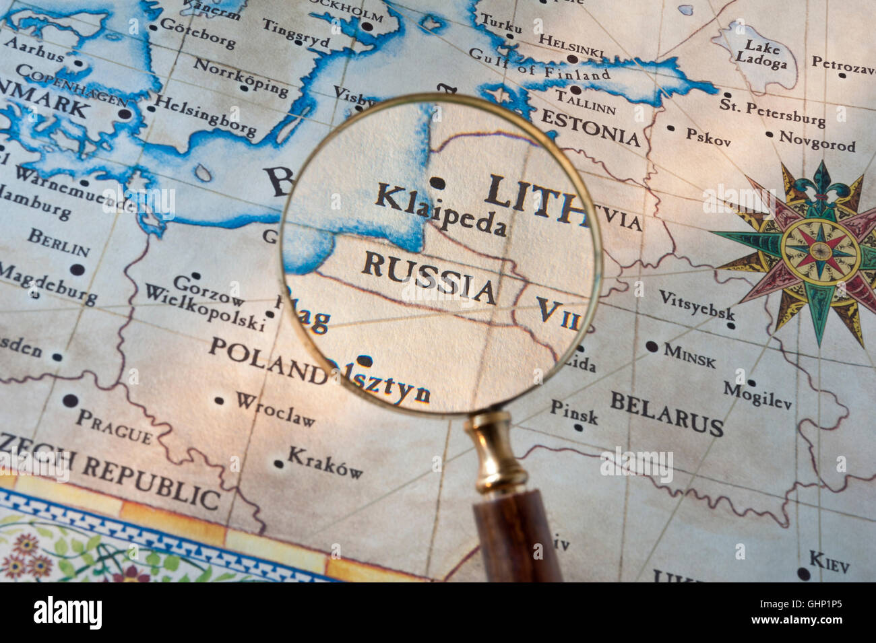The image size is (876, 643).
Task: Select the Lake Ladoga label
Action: tap(761, 55)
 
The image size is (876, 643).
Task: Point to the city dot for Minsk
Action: tap(651, 347)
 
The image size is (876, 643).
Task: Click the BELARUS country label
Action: tap(666, 413)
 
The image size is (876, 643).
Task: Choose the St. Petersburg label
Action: tap(772, 112)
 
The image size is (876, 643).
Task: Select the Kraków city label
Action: tap(325, 462)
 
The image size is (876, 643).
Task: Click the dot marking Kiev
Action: tap(803, 574)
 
